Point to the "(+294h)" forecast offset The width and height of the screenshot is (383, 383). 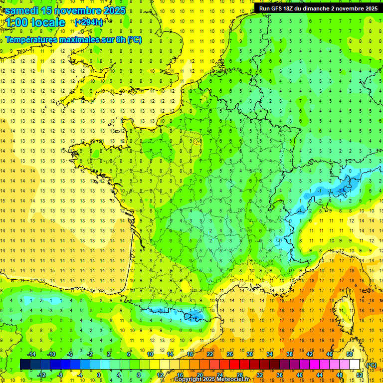pyautogui.click(x=89, y=22)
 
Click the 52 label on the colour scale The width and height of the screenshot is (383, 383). pyautogui.click(x=359, y=375)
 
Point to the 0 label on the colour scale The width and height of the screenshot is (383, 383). pyautogui.click(x=99, y=375)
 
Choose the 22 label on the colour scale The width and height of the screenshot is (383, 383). pyautogui.click(x=210, y=354)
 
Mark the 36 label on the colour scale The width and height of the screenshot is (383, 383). pyautogui.click(x=279, y=375)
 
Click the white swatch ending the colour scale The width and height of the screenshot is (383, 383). pyautogui.click(x=355, y=365)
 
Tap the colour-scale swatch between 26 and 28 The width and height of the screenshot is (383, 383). pyautogui.click(x=235, y=365)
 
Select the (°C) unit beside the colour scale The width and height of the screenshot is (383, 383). pyautogui.click(x=371, y=365)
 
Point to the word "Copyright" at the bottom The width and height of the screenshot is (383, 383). pyautogui.click(x=190, y=380)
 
